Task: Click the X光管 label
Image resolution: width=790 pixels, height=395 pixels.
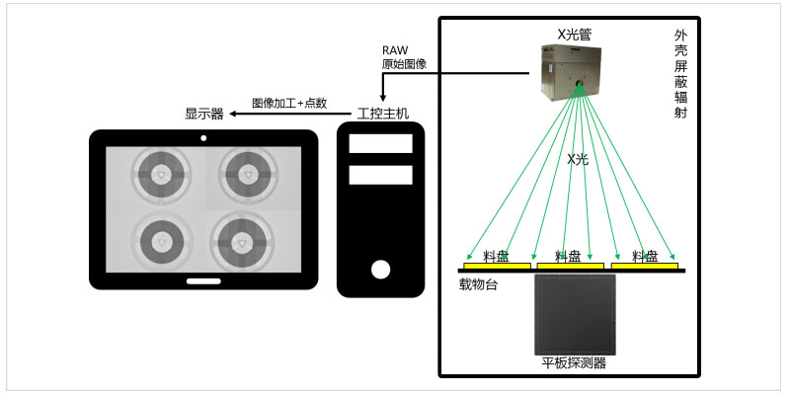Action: (574, 35)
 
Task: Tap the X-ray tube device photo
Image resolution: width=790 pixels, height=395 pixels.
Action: (572, 72)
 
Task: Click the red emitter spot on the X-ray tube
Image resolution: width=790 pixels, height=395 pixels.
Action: (580, 83)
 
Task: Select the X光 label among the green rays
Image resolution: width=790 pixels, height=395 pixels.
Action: (578, 160)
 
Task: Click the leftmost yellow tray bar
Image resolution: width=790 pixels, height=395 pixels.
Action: (497, 266)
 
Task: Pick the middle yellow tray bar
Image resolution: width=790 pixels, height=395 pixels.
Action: (571, 266)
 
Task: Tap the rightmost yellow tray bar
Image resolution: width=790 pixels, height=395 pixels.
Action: (645, 266)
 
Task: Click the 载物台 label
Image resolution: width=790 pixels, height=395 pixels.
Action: (478, 285)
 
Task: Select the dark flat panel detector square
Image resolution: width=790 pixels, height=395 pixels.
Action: (575, 315)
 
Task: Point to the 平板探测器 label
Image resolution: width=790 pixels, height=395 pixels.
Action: (574, 363)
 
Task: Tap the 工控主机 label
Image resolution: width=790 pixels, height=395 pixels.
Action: (383, 114)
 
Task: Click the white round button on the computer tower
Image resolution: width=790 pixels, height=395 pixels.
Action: (380, 270)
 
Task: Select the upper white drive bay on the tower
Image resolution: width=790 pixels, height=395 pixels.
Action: (380, 143)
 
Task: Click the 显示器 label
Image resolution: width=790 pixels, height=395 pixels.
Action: (204, 114)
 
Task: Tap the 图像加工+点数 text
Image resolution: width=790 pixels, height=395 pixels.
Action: (289, 104)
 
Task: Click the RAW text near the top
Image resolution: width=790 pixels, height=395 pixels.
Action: (396, 50)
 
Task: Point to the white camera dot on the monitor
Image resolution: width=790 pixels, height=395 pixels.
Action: (203, 138)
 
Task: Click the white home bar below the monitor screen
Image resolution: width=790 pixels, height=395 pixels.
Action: (203, 281)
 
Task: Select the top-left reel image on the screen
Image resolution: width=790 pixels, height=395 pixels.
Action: (161, 175)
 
